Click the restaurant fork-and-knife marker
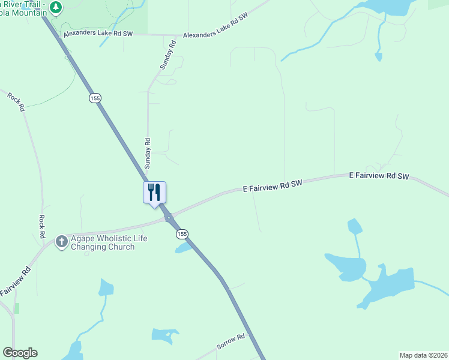click(x=154, y=193)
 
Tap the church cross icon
click(x=61, y=242)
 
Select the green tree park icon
click(x=56, y=7)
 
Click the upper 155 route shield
click(x=95, y=98)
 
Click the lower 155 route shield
click(x=182, y=234)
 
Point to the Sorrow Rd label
click(x=231, y=342)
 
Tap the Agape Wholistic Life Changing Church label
click(x=109, y=242)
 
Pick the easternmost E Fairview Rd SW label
click(x=379, y=176)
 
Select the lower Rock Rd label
click(x=42, y=227)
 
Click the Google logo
click(x=20, y=353)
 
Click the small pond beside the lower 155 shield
click(x=183, y=247)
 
